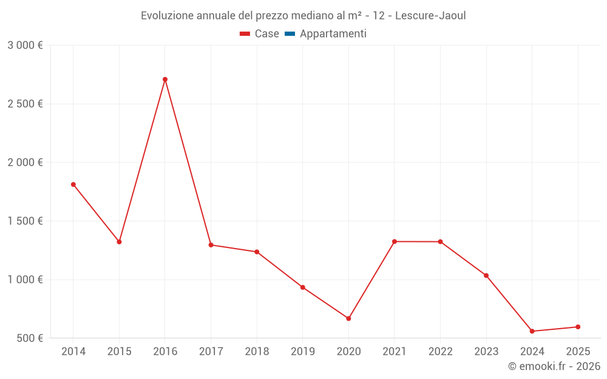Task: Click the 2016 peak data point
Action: [x=165, y=79]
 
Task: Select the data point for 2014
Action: [x=73, y=184]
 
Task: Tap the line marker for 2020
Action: [x=348, y=318]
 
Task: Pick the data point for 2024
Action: [x=532, y=331]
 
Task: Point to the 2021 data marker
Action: [x=395, y=241]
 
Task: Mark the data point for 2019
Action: [x=302, y=287]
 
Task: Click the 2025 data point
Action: [x=578, y=327]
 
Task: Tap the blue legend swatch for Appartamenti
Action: [x=290, y=34]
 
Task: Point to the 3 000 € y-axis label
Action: [x=25, y=45]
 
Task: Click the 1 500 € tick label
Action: [x=25, y=221]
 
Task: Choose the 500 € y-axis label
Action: [x=29, y=338]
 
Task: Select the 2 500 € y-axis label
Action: [x=25, y=104]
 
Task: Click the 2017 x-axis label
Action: [x=211, y=352]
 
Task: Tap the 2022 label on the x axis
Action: [x=440, y=352]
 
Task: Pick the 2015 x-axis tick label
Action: [x=119, y=352]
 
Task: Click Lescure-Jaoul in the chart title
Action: [x=430, y=16]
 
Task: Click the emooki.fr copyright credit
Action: [x=554, y=366]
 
